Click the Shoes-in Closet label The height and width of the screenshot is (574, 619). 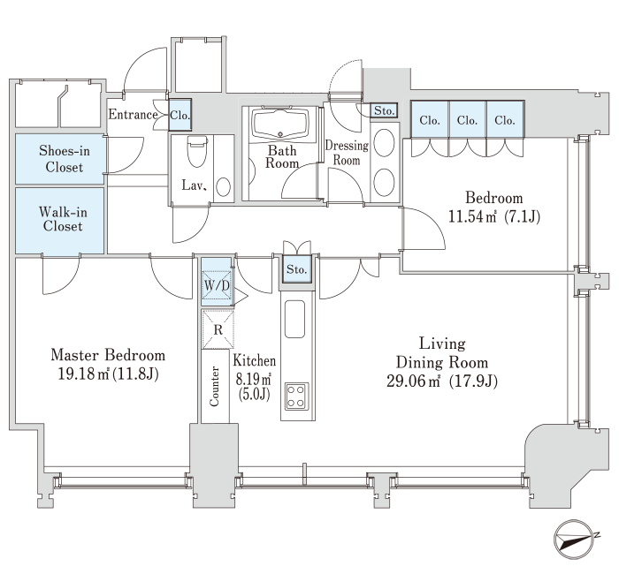[64, 158]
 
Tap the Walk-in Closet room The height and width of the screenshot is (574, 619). [59, 221]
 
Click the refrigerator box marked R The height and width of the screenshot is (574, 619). [218, 329]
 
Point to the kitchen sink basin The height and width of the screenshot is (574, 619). [294, 319]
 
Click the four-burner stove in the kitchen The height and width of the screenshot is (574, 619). [295, 396]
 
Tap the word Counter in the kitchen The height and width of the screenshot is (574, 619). [214, 386]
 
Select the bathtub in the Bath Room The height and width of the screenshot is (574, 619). [280, 124]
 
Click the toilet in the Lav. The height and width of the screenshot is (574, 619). [197, 151]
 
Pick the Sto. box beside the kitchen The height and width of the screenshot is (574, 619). [296, 269]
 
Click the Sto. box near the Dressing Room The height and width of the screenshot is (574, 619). [384, 110]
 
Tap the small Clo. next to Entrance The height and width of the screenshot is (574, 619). [180, 115]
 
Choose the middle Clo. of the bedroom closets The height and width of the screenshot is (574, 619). [467, 119]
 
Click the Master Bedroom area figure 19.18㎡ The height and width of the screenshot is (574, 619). [84, 374]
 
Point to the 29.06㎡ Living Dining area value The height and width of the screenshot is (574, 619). [413, 381]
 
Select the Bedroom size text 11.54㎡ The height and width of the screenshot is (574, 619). [472, 216]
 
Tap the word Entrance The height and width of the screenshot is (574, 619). [133, 115]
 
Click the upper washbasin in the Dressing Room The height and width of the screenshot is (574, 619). [384, 142]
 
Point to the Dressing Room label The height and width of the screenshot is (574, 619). [347, 153]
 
